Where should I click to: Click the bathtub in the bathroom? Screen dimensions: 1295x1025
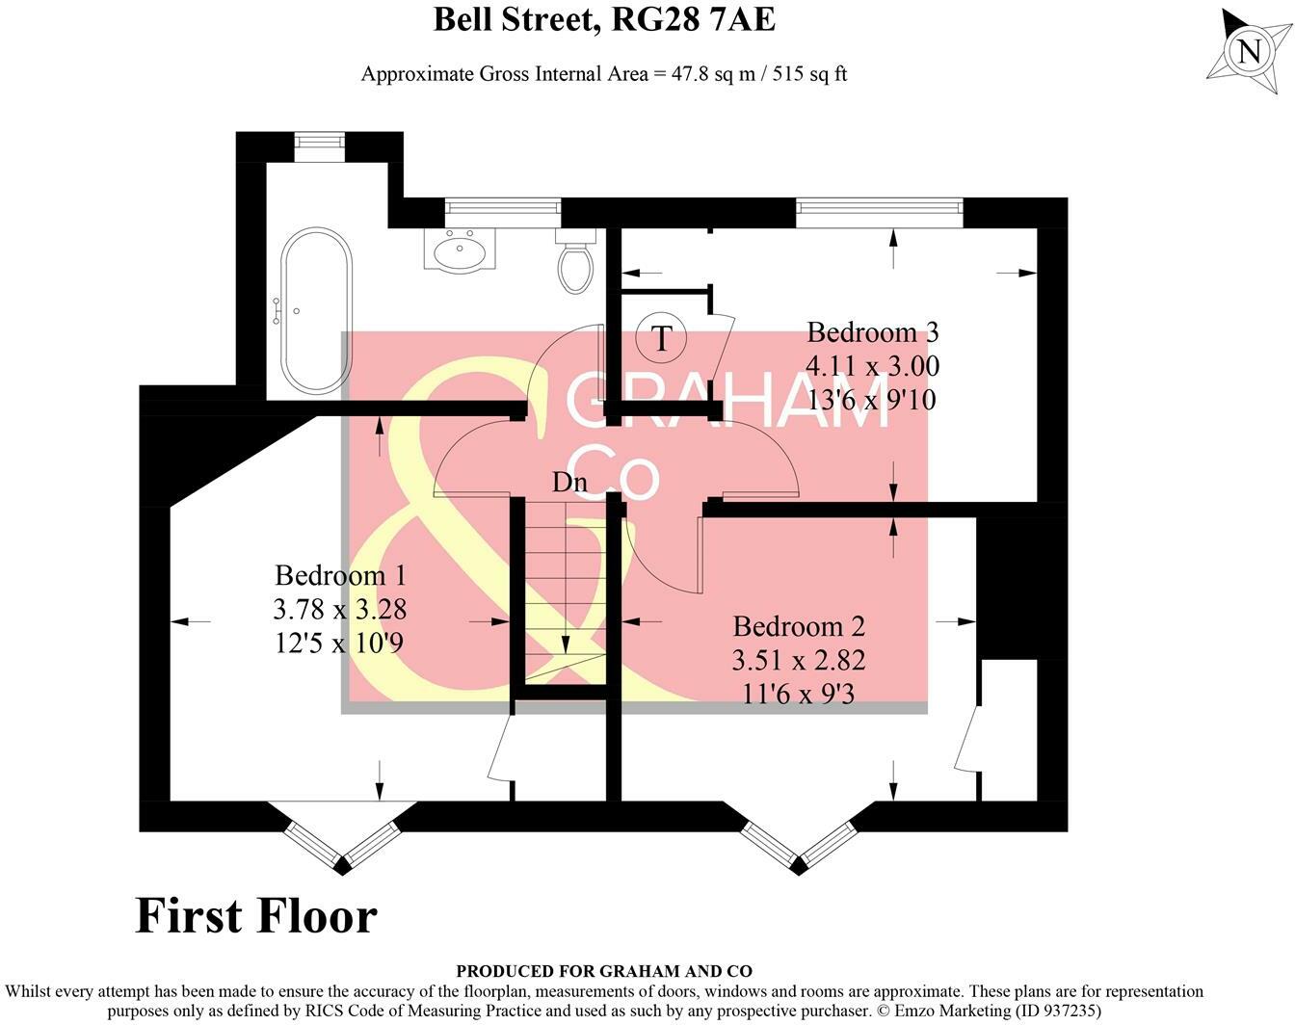pyautogui.click(x=316, y=312)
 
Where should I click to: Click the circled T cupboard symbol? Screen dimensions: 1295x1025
pyautogui.click(x=661, y=338)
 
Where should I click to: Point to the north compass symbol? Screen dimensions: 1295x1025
pyautogui.click(x=1249, y=49)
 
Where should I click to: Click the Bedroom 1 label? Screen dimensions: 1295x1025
pyautogui.click(x=340, y=575)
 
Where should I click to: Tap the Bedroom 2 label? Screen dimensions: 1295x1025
pyautogui.click(x=799, y=626)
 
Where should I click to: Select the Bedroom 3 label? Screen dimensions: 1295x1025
pyautogui.click(x=872, y=332)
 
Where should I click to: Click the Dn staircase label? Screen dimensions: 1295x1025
pyautogui.click(x=569, y=483)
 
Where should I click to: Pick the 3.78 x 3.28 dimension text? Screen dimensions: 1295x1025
pyautogui.click(x=340, y=609)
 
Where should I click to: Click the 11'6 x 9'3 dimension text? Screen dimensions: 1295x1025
pyautogui.click(x=799, y=693)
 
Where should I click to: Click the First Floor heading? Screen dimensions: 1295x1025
pyautogui.click(x=256, y=915)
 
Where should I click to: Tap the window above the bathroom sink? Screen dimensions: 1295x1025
pyautogui.click(x=502, y=206)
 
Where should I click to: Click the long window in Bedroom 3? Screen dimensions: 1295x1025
pyautogui.click(x=879, y=206)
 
